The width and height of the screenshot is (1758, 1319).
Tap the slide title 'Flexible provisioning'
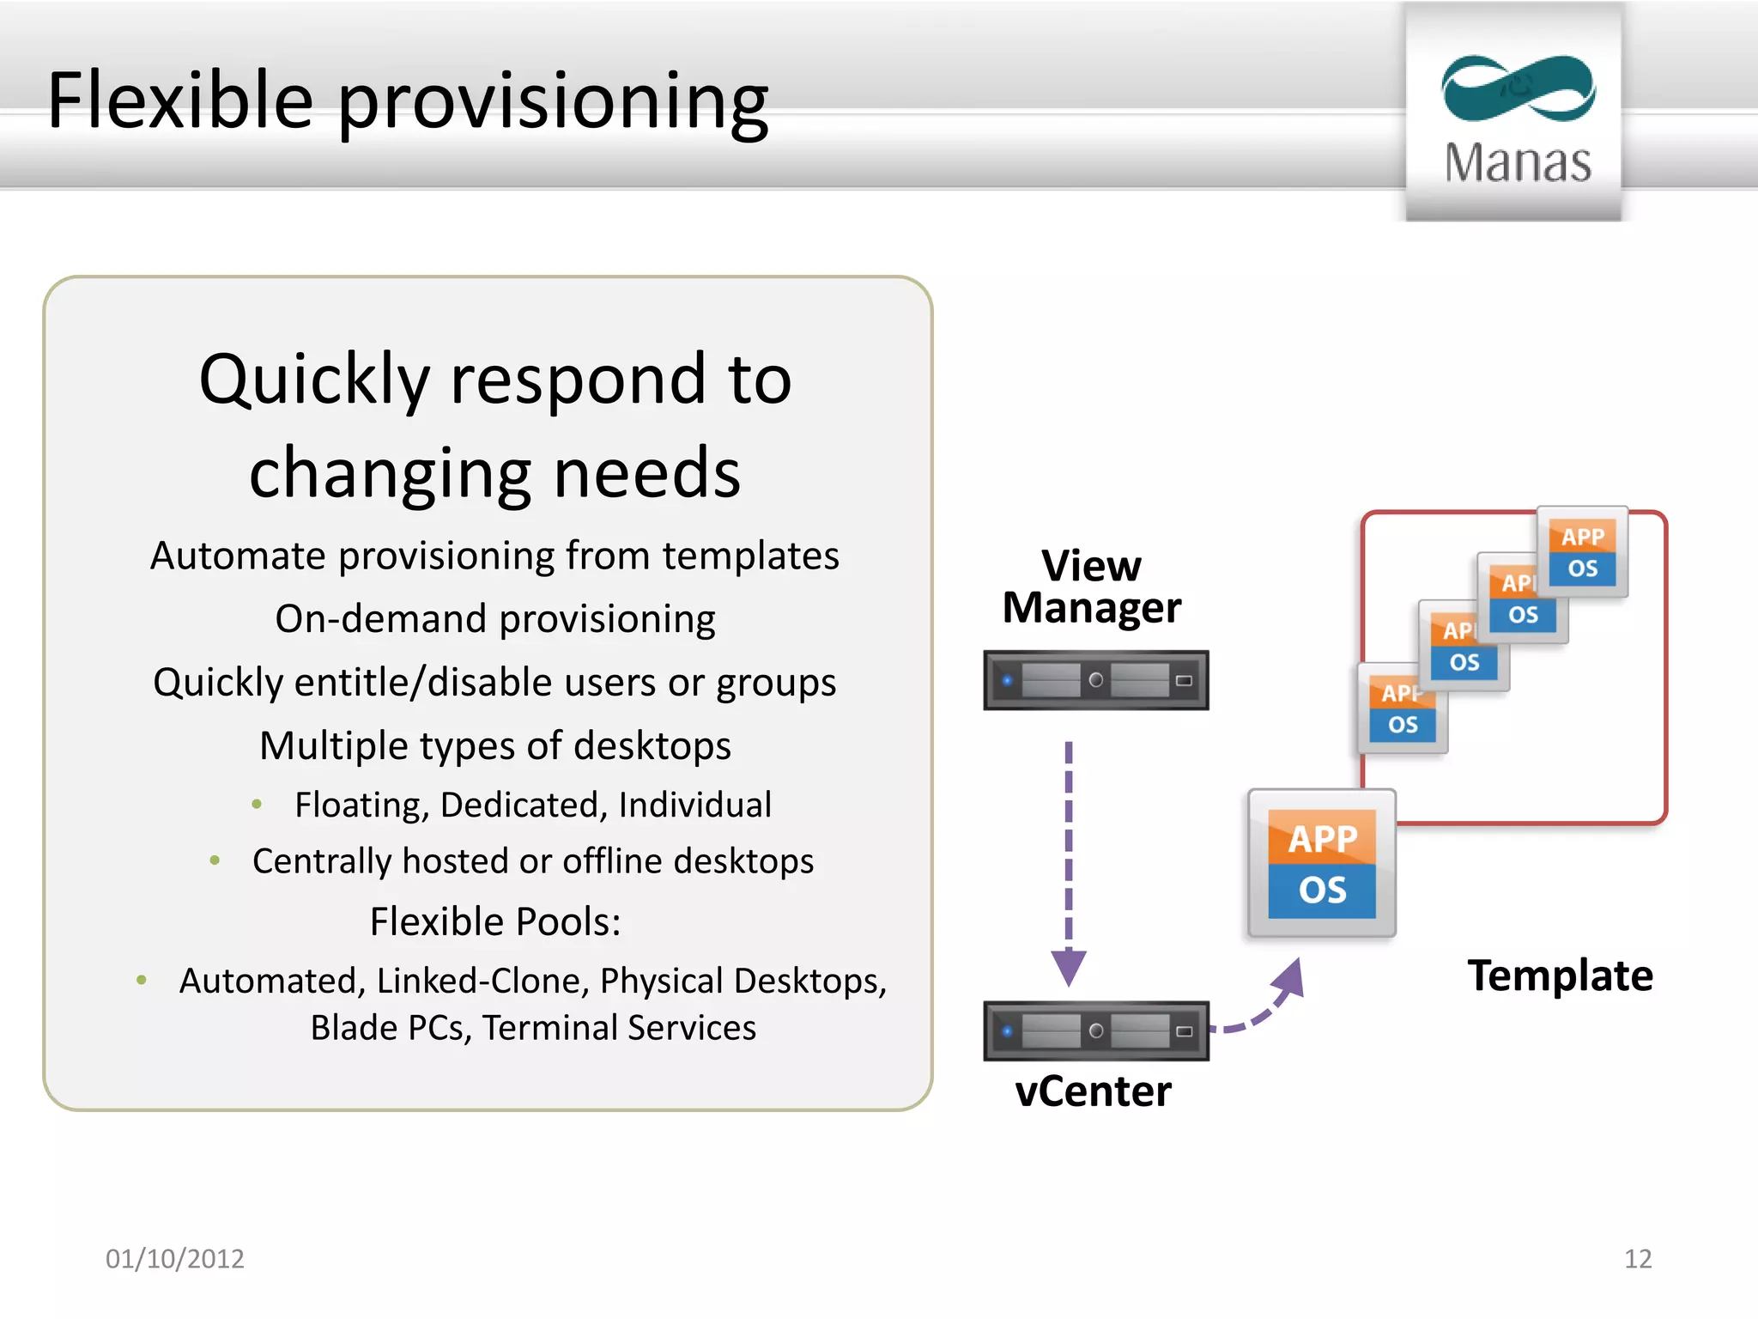[408, 101]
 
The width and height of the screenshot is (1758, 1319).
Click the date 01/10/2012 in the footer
[174, 1259]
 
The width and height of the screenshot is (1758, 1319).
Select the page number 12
[1637, 1259]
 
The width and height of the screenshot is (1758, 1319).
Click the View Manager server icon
[1095, 680]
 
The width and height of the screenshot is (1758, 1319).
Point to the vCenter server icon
[1095, 1030]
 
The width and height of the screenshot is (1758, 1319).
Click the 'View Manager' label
[1092, 587]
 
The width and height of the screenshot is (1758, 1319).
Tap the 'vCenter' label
[1093, 1091]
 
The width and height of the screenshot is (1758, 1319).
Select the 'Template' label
[1560, 976]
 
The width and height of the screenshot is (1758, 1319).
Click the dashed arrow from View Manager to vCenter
[1069, 859]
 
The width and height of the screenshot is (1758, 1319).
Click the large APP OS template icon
[1322, 864]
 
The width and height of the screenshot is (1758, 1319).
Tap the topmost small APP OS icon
[1583, 552]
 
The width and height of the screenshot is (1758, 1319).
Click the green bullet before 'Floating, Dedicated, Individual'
[257, 805]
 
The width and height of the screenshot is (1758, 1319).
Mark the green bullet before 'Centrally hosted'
[215, 860]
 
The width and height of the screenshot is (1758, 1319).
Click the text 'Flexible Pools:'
[495, 921]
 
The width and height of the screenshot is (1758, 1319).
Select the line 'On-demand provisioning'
[495, 619]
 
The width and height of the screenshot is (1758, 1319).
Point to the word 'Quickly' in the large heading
[314, 380]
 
